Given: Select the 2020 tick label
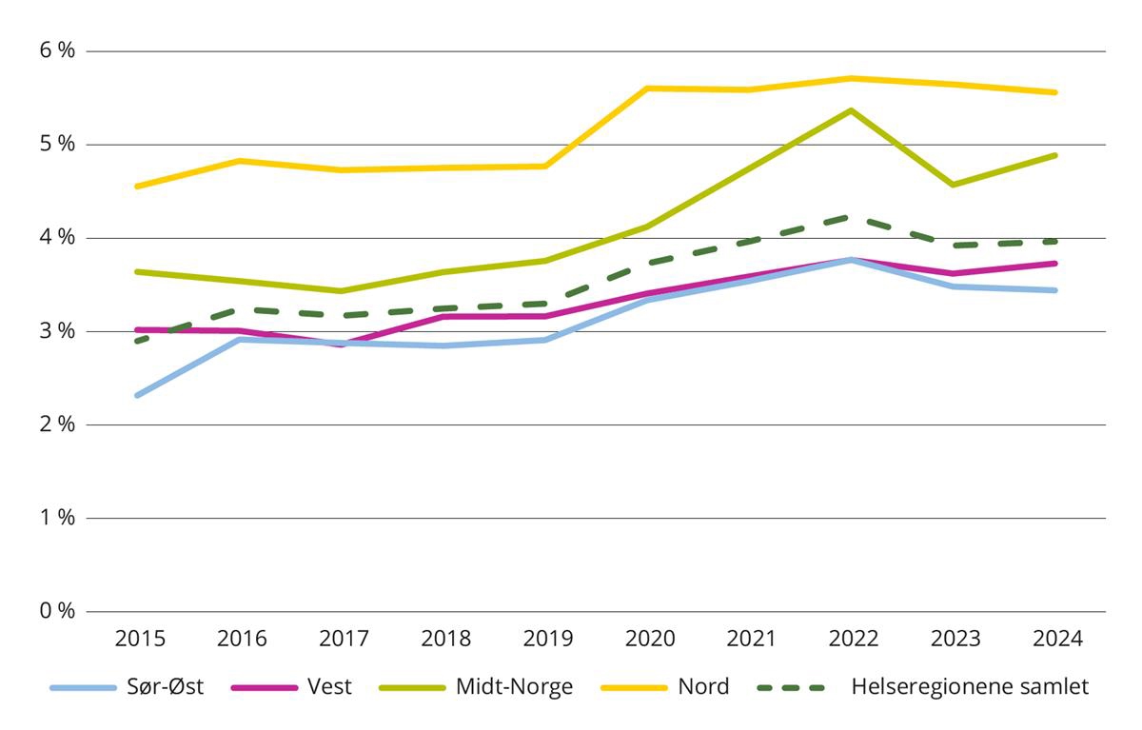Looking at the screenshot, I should point(649,639).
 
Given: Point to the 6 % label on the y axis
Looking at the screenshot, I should point(56,51).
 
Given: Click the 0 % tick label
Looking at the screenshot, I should point(56,611).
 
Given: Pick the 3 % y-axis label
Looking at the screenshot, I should point(56,331).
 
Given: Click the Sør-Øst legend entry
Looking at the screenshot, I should point(162,687).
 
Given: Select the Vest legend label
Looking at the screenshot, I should point(329,687).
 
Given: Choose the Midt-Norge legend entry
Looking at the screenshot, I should point(514,687).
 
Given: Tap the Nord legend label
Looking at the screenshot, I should point(703,687).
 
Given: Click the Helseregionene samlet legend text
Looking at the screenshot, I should point(969,687).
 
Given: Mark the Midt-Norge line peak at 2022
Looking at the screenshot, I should point(852,110).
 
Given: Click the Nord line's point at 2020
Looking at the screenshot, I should point(648,89).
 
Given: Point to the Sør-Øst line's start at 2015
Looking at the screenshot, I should point(137,395).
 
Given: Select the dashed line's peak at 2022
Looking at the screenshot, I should point(852,217).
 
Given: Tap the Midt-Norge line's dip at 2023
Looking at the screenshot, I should point(954,185).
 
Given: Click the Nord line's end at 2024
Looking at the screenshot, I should point(1055,92).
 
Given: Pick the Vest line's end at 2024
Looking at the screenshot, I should point(1055,263).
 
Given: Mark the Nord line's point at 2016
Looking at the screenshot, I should point(239,161).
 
